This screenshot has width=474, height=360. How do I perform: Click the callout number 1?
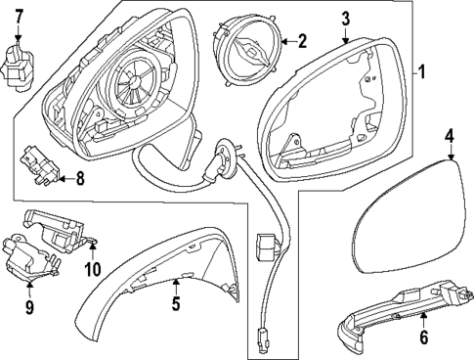click(x=422, y=71)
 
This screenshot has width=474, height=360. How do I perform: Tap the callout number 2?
click(x=302, y=41)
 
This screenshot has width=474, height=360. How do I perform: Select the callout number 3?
click(x=346, y=19)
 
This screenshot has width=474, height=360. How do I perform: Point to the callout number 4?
click(x=450, y=136)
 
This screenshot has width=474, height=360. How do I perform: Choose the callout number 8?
click(x=80, y=178)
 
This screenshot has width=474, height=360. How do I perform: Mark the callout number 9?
click(x=28, y=308)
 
